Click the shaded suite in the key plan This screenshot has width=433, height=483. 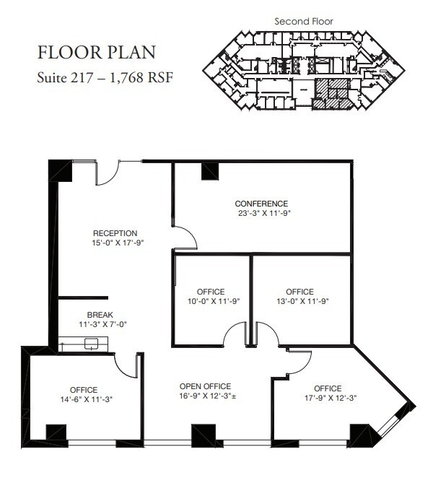336,94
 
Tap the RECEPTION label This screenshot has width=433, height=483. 115,233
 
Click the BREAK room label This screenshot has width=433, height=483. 100,316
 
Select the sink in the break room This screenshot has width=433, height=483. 91,344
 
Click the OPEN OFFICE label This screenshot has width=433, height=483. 205,386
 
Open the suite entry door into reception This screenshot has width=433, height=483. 108,172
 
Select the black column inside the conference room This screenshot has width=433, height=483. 210,171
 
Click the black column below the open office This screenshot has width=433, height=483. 203,434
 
